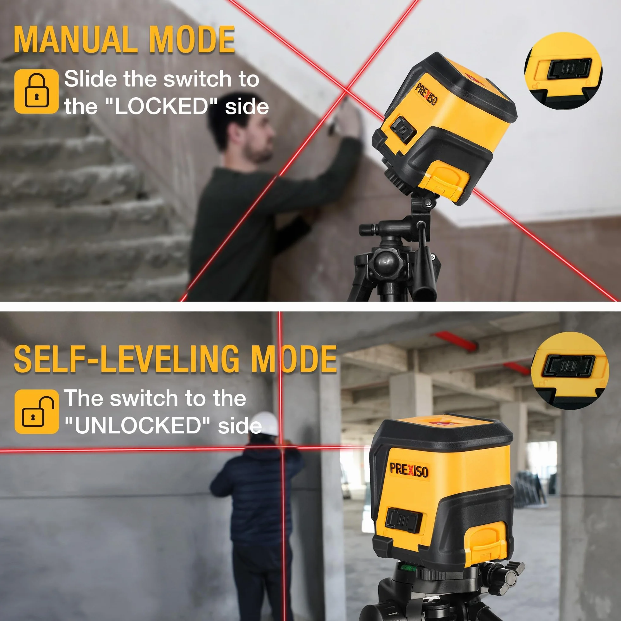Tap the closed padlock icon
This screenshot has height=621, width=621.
pyautogui.click(x=37, y=91)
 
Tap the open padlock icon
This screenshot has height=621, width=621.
pyautogui.click(x=37, y=412)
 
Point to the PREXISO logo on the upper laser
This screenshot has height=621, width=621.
pyautogui.click(x=426, y=94)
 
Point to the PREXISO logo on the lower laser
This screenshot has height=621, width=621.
pyautogui.click(x=409, y=470)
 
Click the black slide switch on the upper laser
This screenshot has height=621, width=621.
pyautogui.click(x=403, y=130)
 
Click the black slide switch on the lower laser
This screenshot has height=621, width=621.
pyautogui.click(x=403, y=520)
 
